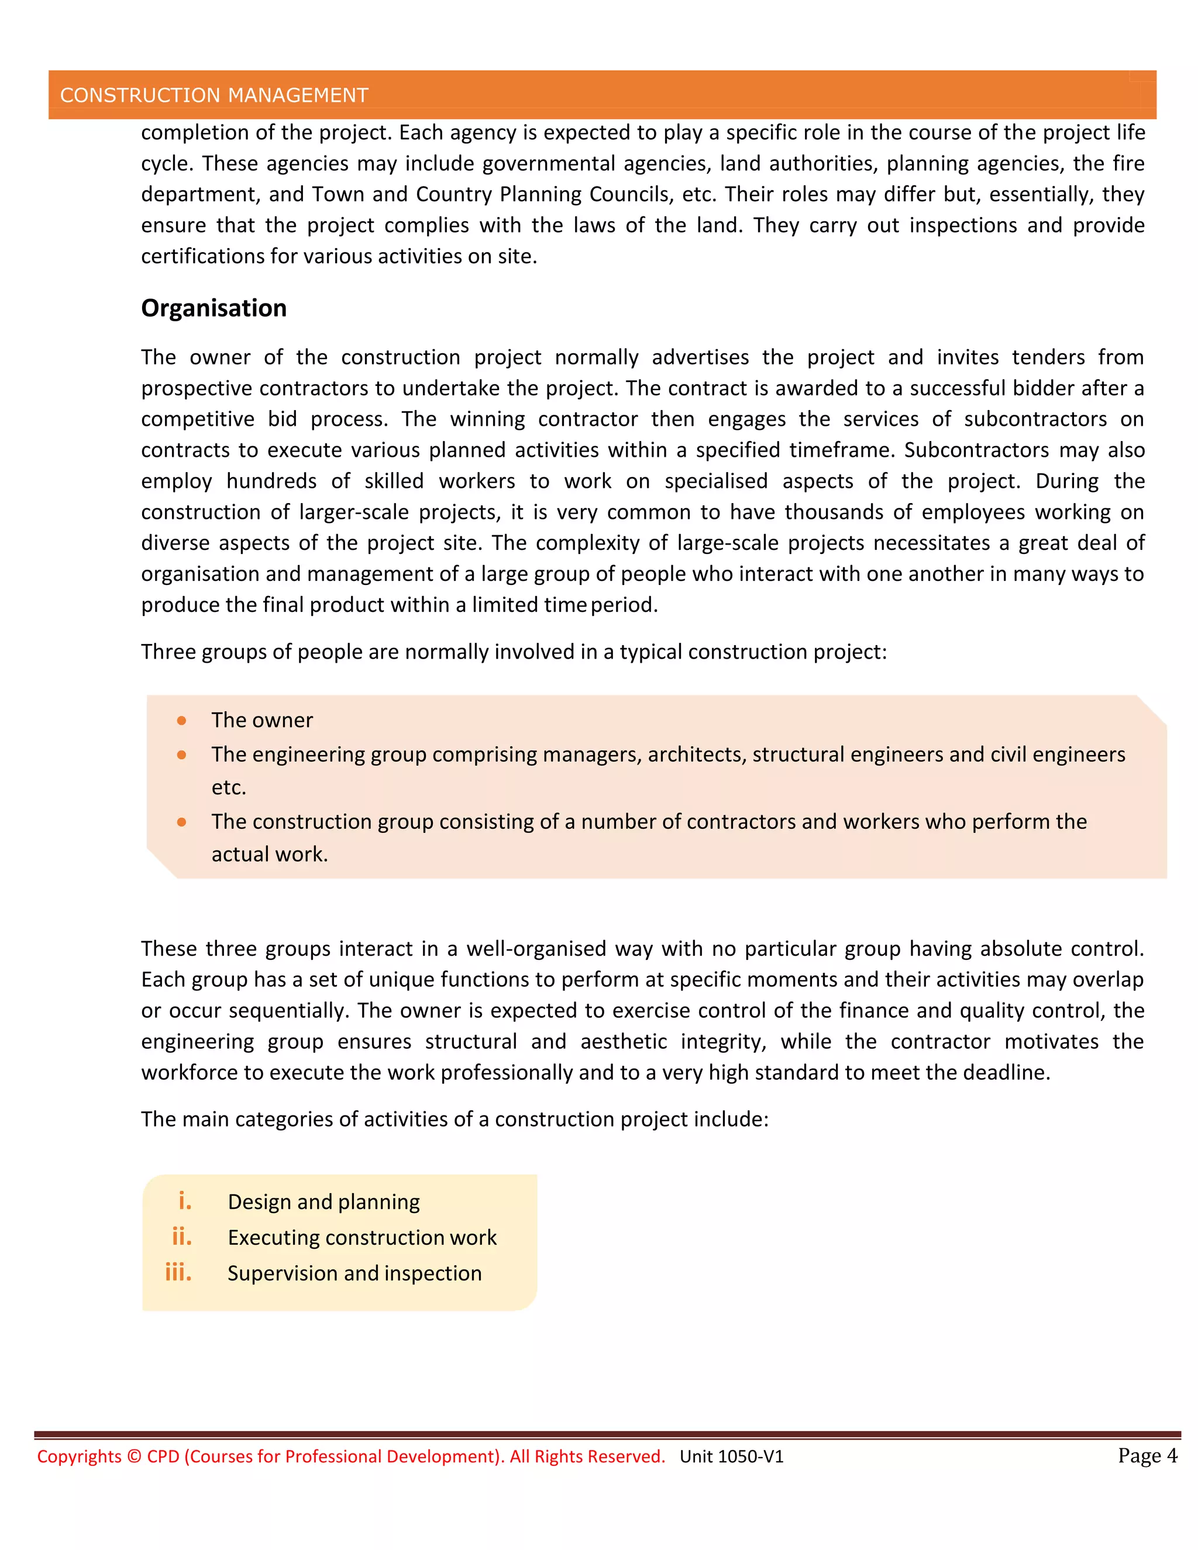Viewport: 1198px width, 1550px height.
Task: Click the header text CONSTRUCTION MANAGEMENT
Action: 214,95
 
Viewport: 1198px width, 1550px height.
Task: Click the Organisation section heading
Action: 214,308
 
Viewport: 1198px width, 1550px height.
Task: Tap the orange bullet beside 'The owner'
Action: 182,721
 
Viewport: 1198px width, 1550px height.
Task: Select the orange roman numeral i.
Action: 184,1201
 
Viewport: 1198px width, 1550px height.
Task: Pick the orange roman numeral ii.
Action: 182,1236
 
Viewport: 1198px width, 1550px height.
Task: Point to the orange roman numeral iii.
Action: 178,1272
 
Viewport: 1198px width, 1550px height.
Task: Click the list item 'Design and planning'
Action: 323,1201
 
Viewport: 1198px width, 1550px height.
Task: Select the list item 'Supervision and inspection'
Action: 354,1273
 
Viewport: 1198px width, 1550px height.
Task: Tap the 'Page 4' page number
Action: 1147,1456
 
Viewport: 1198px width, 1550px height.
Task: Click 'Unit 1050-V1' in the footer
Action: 731,1457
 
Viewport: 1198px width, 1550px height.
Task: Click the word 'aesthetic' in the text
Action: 623,1041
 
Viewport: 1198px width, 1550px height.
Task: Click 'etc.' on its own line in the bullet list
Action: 229,788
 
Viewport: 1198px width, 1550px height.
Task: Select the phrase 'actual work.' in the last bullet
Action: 270,855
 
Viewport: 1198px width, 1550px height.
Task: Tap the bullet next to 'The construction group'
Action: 182,822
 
